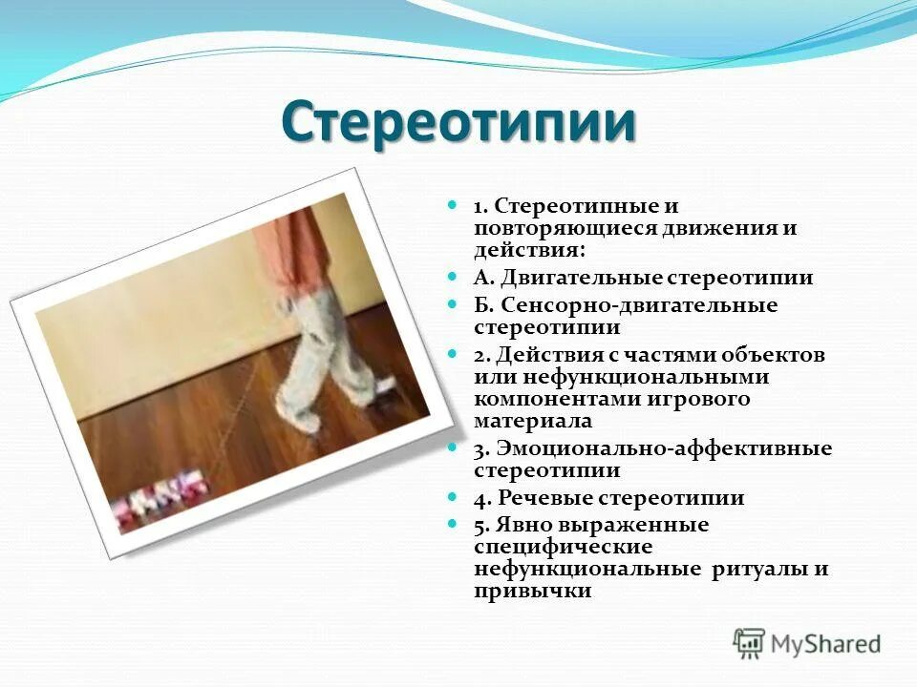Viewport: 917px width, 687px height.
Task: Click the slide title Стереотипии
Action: pos(458,123)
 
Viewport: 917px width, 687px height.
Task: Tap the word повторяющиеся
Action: pos(553,229)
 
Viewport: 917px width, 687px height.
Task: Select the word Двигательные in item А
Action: pos(570,278)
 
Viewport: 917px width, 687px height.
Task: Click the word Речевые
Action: pos(543,498)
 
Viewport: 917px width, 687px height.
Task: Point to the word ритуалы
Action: pos(758,569)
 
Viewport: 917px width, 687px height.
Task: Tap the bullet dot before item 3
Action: pos(454,448)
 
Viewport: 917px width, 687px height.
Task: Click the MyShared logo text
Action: pos(828,643)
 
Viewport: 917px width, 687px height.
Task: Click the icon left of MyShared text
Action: pos(750,642)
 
